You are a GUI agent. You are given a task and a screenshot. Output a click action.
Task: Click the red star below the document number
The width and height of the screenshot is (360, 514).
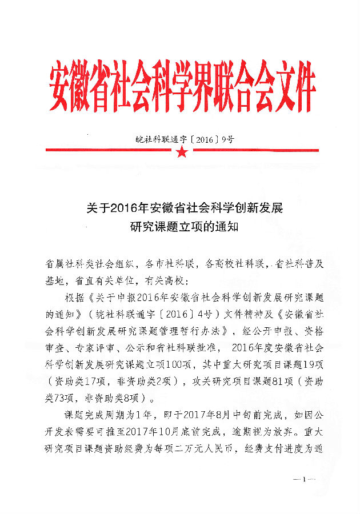point(181,152)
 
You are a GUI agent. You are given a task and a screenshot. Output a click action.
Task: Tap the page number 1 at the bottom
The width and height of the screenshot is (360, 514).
point(306,479)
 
